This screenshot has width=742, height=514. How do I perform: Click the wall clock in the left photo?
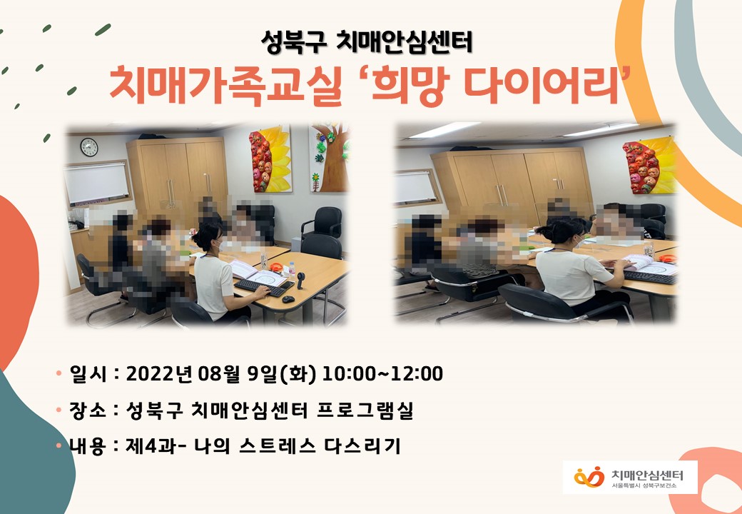(89, 147)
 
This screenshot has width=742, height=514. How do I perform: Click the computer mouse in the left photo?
(288, 298)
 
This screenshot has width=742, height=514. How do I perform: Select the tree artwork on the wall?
(330, 158)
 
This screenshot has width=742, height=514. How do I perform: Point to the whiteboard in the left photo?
(97, 183)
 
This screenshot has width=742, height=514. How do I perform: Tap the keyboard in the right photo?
(650, 277)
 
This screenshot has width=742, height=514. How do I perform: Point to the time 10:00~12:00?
(382, 373)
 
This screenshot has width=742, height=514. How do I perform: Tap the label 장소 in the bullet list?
(88, 410)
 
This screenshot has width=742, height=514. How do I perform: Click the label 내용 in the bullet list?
(88, 446)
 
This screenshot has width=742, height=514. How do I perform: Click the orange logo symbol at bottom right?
(589, 477)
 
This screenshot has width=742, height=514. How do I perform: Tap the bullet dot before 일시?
(59, 373)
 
